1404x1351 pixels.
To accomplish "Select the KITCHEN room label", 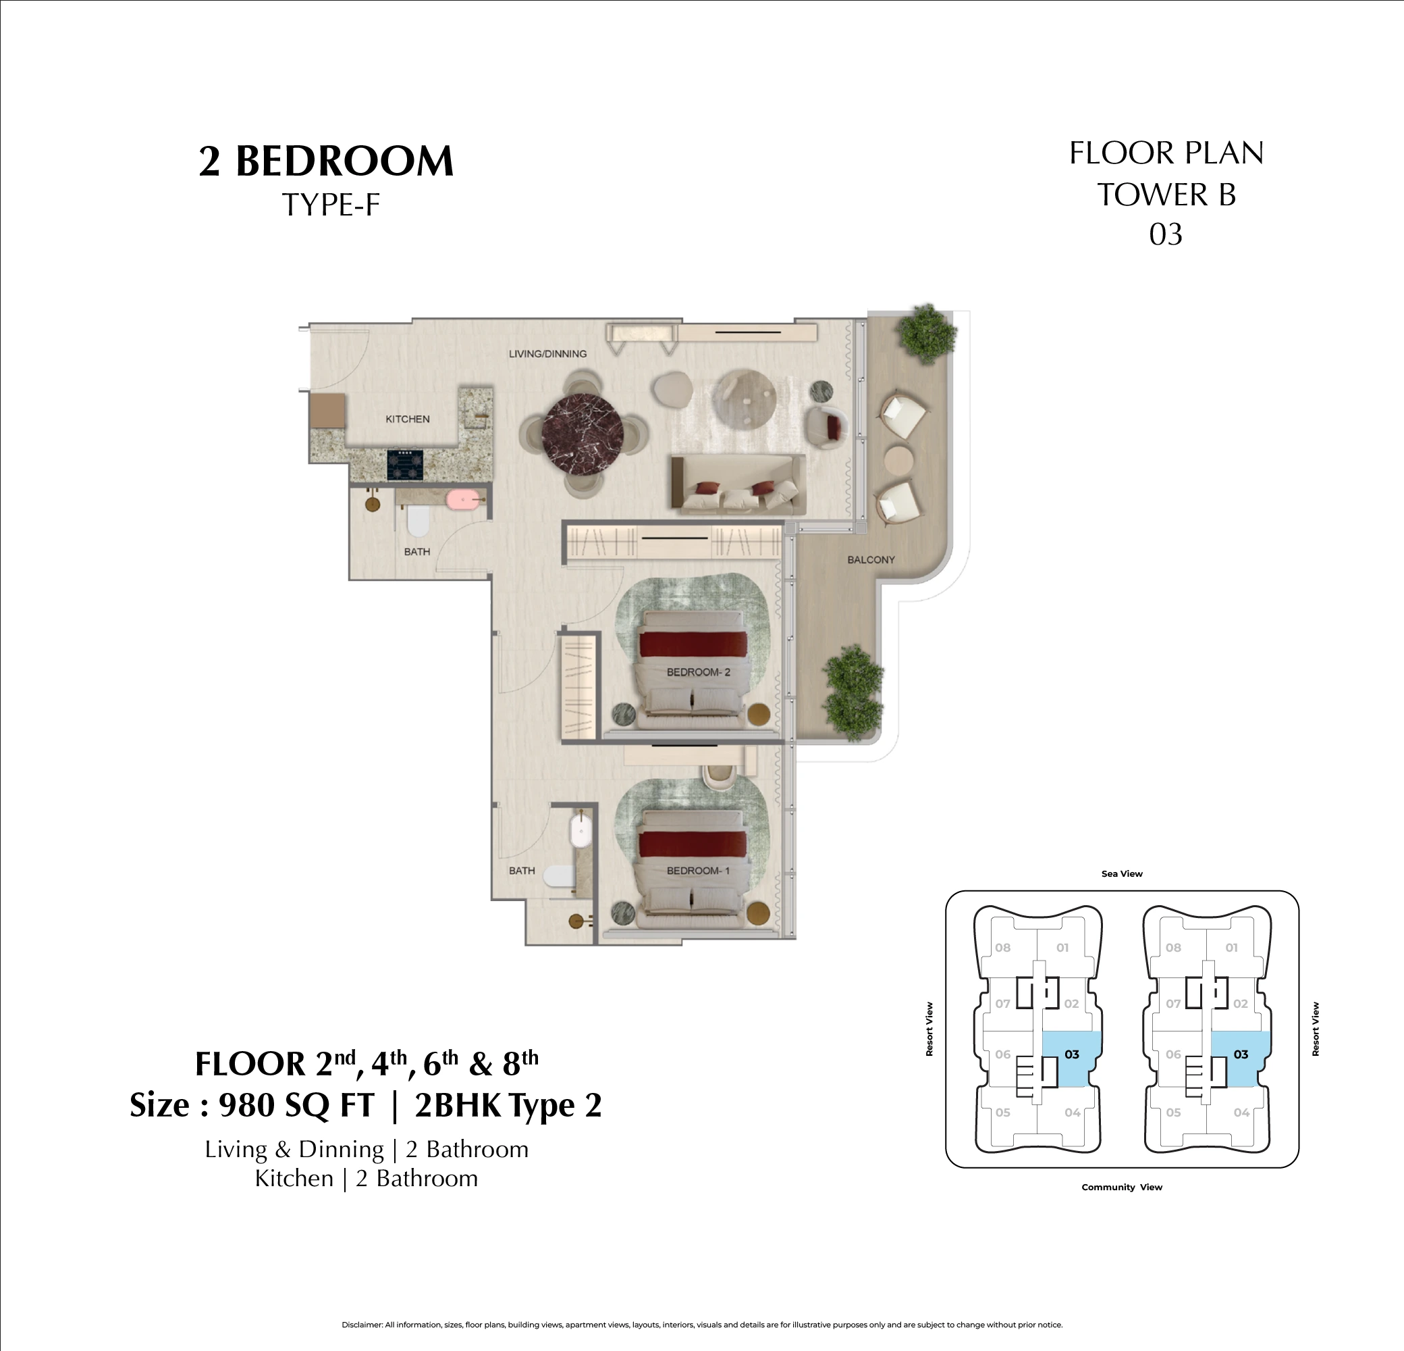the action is pyautogui.click(x=408, y=419).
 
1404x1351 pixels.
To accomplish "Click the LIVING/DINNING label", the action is pyautogui.click(x=547, y=353).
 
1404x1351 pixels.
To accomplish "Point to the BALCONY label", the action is pyautogui.click(x=870, y=560).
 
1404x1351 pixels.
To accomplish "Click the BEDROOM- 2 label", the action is pyautogui.click(x=698, y=672).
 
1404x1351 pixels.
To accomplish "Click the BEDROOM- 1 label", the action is pyautogui.click(x=698, y=871).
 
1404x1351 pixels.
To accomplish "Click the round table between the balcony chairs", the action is pyautogui.click(x=898, y=459).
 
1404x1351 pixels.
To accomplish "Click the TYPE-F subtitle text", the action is pyautogui.click(x=330, y=205).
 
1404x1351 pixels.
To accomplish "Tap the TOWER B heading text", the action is pyautogui.click(x=1166, y=195).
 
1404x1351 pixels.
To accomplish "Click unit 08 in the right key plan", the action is pyautogui.click(x=1172, y=948).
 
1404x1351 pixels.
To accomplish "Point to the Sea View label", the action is pyautogui.click(x=1122, y=873).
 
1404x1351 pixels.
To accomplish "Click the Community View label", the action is pyautogui.click(x=1122, y=1187).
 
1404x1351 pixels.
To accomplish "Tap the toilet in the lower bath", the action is pyautogui.click(x=558, y=876).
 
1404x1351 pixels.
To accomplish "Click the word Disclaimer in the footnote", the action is pyautogui.click(x=362, y=1325).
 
